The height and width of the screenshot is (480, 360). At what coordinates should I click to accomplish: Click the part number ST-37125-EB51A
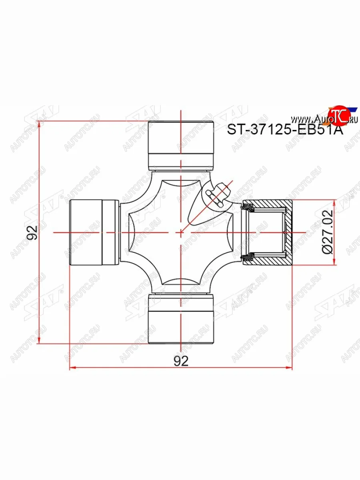[285, 130]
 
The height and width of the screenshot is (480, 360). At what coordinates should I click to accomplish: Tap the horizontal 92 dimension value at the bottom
[181, 361]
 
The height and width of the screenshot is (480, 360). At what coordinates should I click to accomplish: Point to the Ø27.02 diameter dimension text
[327, 232]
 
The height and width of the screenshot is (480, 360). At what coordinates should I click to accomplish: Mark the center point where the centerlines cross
[181, 232]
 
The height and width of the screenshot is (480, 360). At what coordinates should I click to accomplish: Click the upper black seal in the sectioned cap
[249, 208]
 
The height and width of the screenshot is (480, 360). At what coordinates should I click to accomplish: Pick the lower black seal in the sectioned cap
[249, 256]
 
